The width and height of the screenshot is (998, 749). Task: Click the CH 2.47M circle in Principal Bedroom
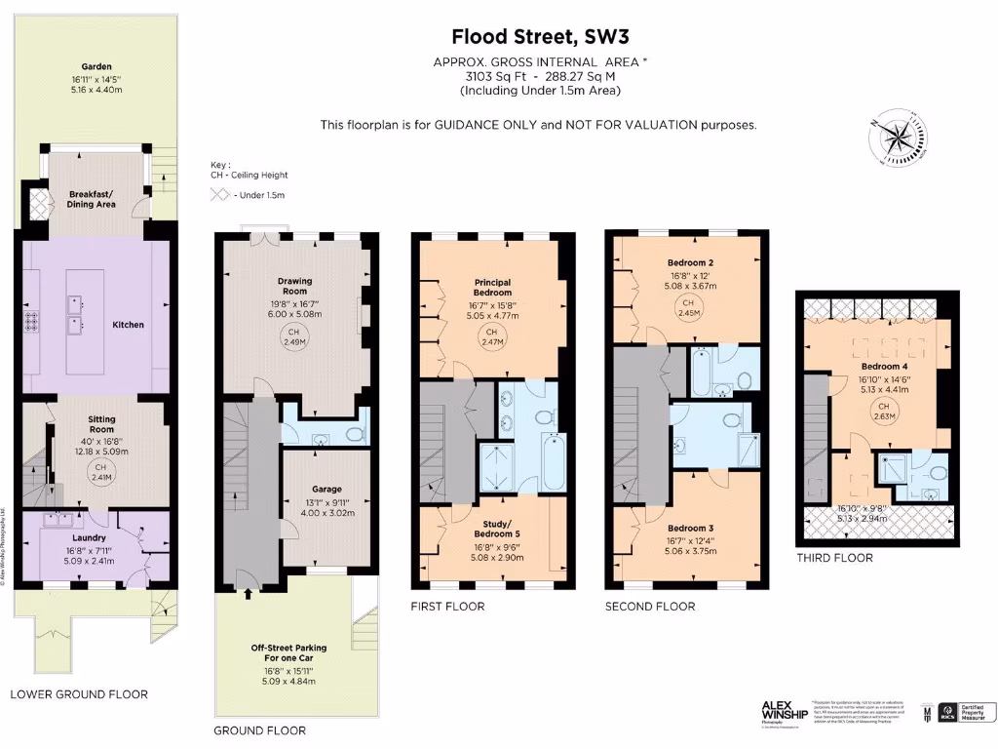pos(491,337)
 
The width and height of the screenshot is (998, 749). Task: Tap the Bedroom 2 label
pos(692,263)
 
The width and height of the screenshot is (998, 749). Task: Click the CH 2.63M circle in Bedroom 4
pos(884,411)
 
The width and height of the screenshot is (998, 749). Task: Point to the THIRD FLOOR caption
pos(834,558)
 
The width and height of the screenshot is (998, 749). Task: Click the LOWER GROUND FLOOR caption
pos(79,694)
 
